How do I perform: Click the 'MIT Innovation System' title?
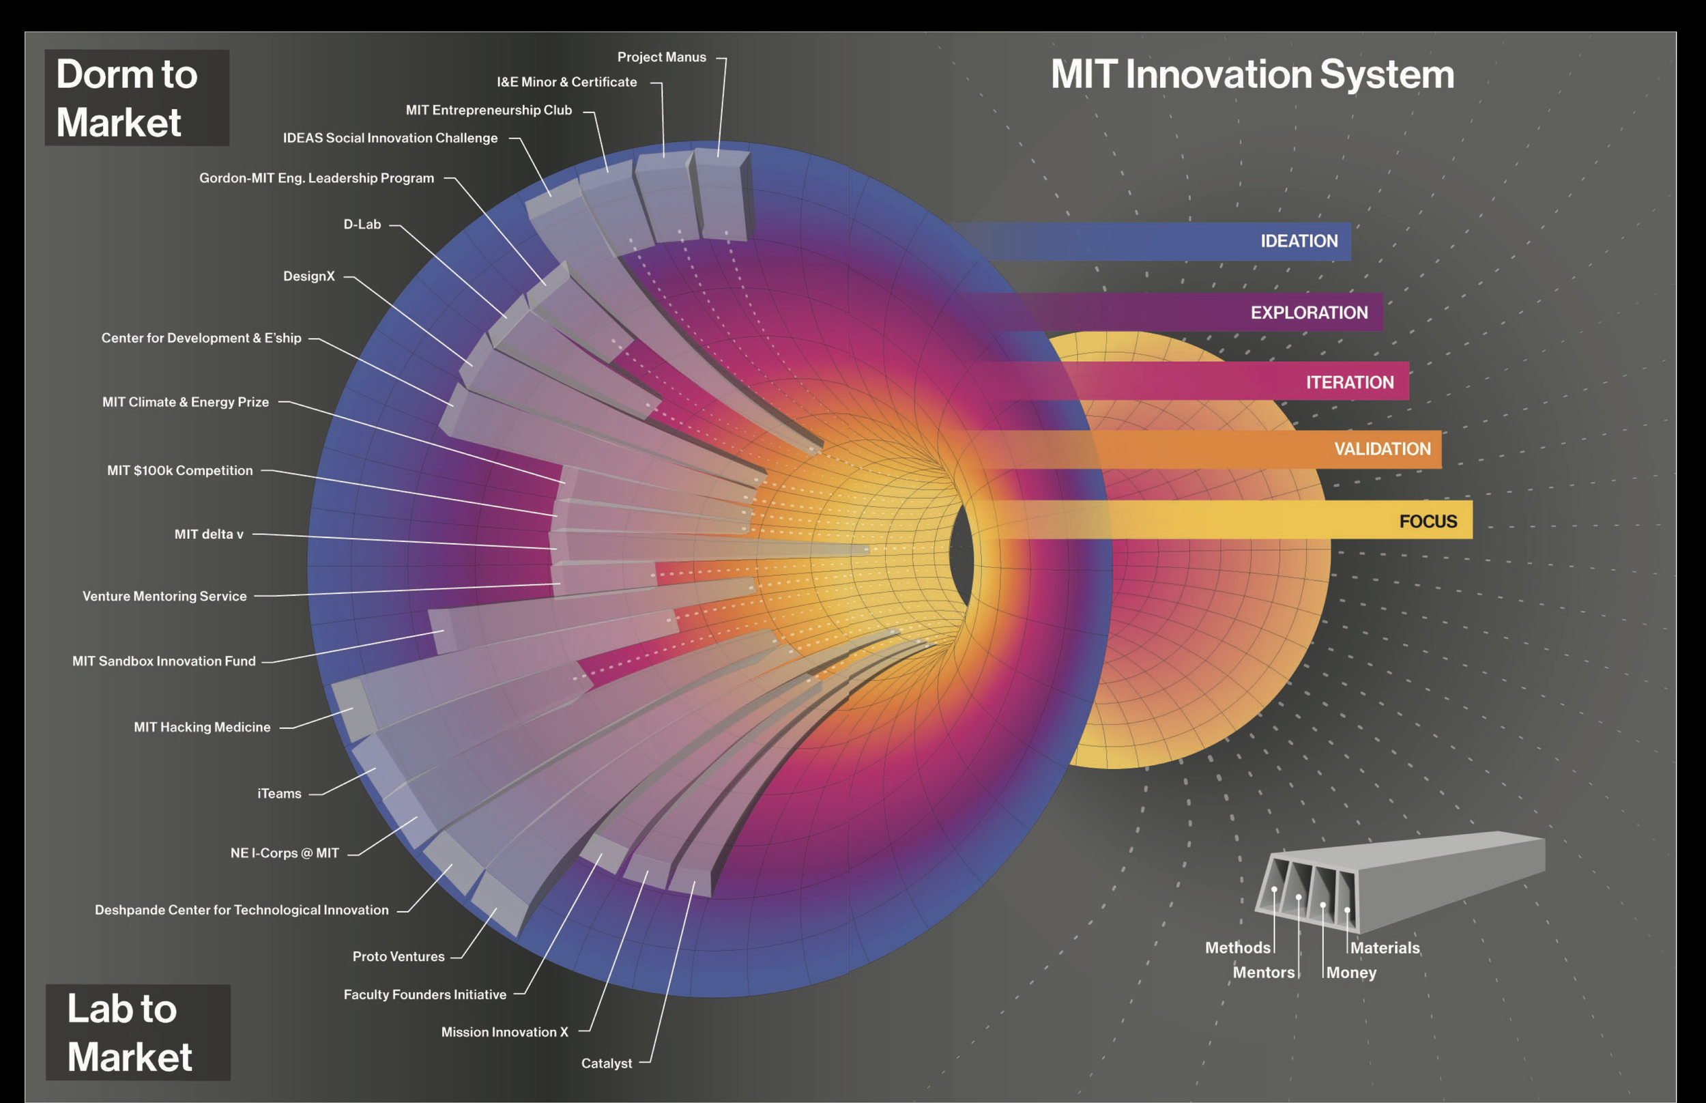1252,74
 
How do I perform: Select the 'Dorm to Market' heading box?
136,98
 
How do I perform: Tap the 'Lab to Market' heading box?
138,1032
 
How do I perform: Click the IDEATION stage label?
1299,242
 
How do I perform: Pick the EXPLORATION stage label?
1309,313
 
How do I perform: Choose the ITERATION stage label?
1350,382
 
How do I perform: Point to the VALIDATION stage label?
1382,449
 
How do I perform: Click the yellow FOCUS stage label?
1428,521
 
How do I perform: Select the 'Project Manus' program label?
661,57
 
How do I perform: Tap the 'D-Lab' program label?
362,225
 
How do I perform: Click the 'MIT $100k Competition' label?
179,470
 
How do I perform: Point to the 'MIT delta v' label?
209,534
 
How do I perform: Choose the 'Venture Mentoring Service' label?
164,596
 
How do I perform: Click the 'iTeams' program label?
279,794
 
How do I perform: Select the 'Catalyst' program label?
607,1063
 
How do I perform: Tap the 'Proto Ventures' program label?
399,957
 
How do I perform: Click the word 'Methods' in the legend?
1237,947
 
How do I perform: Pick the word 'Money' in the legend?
1351,973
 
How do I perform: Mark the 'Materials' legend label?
1385,947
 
